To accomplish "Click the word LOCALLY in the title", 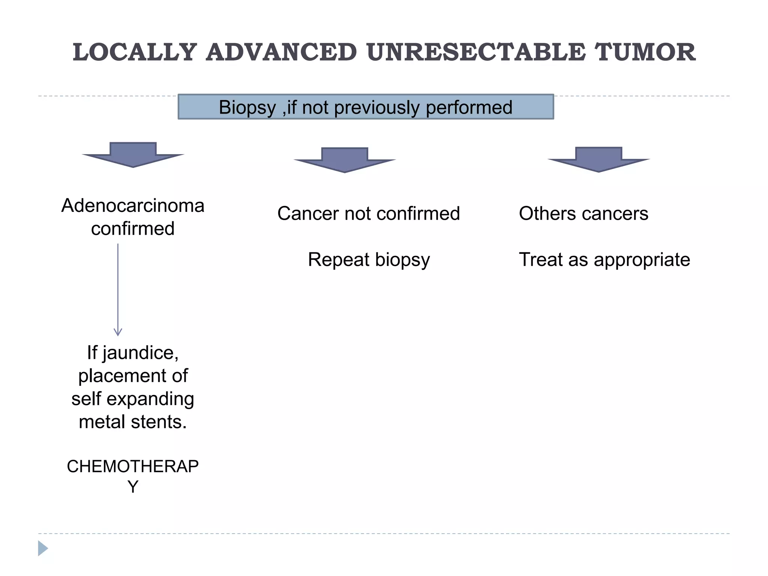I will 135,52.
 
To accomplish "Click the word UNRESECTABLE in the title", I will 476,52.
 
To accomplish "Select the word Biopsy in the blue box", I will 247,108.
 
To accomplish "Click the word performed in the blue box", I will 469,108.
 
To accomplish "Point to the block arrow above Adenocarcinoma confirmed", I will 133,154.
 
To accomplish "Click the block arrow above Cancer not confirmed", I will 345,160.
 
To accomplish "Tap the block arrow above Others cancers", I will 598,159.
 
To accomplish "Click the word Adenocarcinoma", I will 133,205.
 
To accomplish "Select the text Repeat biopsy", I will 369,259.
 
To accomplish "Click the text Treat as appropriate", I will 604,259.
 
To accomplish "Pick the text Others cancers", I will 583,214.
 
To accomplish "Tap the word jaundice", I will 140,353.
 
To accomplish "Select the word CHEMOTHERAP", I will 133,466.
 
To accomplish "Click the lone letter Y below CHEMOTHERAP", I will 133,487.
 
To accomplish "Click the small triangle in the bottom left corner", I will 42,548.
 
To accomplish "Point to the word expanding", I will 150,399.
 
